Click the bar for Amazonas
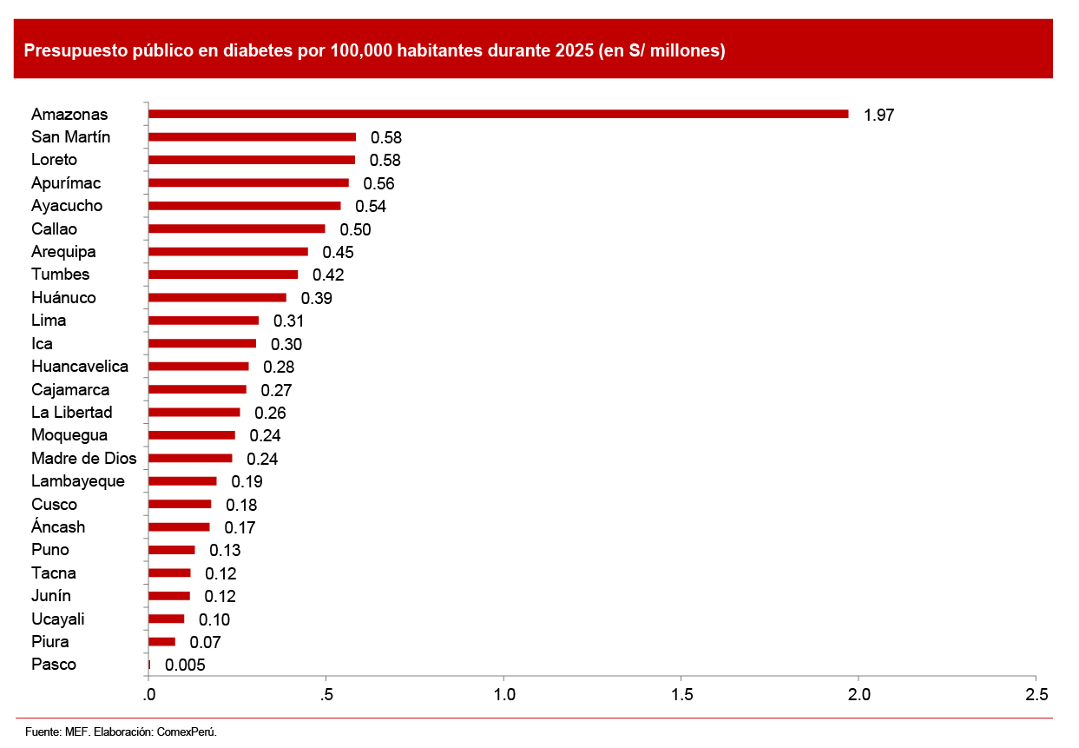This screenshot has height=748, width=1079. (x=498, y=114)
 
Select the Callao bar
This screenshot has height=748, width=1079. (x=237, y=228)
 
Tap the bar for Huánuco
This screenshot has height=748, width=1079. (x=217, y=297)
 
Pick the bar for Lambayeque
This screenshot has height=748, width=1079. (x=182, y=481)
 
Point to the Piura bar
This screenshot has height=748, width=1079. (x=162, y=642)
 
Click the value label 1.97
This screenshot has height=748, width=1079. (x=878, y=115)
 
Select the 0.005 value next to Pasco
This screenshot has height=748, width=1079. (x=185, y=665)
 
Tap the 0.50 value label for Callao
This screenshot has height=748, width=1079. (x=355, y=229)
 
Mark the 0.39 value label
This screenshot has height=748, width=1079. (x=317, y=298)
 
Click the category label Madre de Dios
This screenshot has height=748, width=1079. (x=84, y=458)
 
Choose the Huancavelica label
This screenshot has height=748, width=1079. (x=80, y=367)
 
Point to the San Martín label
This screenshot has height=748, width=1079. (x=71, y=136)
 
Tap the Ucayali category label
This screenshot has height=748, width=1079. (x=58, y=619)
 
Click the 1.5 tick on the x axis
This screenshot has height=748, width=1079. (x=681, y=695)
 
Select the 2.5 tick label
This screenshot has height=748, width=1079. (x=1036, y=695)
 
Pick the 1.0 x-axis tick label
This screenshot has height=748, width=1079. (x=504, y=695)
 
